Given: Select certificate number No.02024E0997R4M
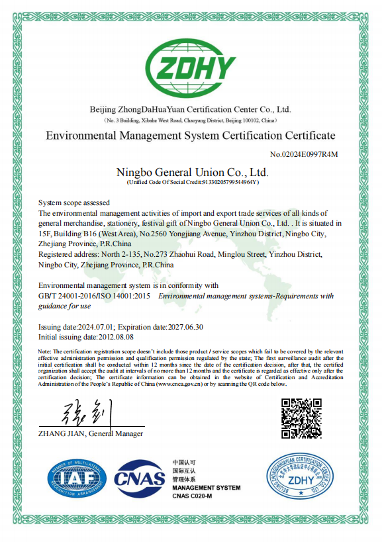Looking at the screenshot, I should tap(304, 155).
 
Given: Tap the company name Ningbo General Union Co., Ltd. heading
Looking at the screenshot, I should tap(192, 173).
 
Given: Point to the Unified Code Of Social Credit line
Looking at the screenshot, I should tap(192, 182).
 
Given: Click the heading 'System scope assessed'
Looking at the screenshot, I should tap(74, 203).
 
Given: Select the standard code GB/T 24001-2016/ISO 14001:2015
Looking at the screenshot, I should tap(95, 296).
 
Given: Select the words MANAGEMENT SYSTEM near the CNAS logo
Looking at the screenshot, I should tap(206, 488).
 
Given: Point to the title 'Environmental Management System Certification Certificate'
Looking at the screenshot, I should tap(191, 136).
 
